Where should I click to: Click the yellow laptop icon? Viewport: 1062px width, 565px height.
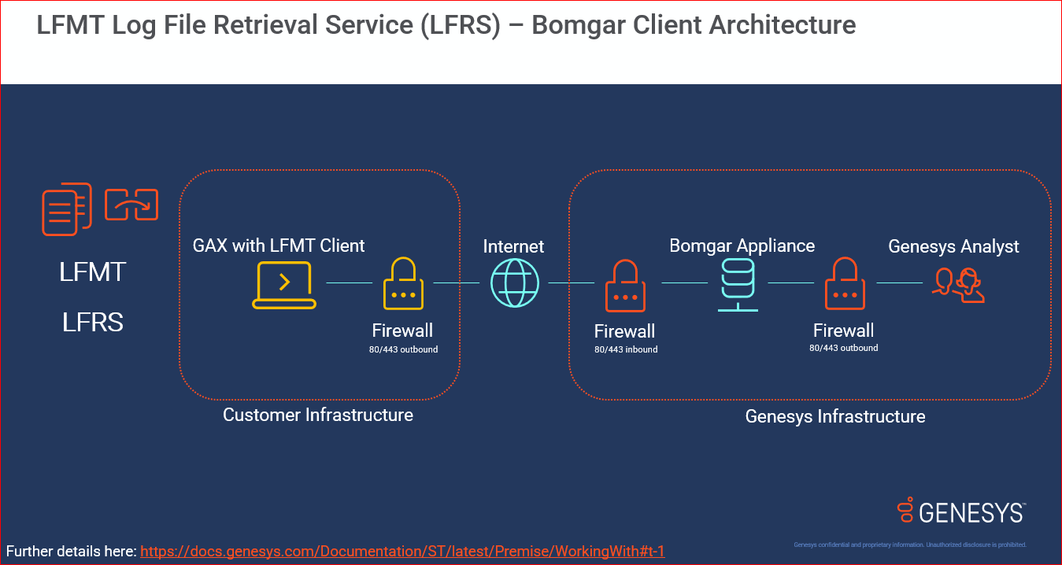pos(284,285)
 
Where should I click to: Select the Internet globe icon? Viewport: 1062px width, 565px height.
pos(515,282)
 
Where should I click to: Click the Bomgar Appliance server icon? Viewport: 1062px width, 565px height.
pos(738,285)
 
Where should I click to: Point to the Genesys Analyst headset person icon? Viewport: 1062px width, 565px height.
pos(959,285)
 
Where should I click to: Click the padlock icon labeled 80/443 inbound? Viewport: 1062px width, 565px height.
pos(625,286)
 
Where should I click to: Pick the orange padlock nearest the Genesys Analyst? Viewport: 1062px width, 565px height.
pos(845,284)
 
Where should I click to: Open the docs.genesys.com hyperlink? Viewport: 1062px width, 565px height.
pos(402,551)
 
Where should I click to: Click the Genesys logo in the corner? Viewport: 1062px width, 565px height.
pos(961,511)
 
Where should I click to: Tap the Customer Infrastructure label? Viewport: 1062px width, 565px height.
pos(318,415)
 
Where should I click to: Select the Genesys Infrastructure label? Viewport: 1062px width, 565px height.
pos(835,416)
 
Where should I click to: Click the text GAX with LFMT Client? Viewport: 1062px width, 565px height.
pos(279,246)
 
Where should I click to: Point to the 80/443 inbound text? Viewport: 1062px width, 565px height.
pos(626,349)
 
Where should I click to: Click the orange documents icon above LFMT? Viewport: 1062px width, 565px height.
pos(66,209)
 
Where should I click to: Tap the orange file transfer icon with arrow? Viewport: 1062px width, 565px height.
pos(132,205)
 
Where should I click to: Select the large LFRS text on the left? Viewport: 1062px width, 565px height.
pos(93,322)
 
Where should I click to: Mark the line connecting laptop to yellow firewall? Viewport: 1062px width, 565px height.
pos(349,282)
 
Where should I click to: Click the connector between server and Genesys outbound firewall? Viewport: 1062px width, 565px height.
pos(790,282)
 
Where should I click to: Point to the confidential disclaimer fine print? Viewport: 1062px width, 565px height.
pos(909,545)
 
